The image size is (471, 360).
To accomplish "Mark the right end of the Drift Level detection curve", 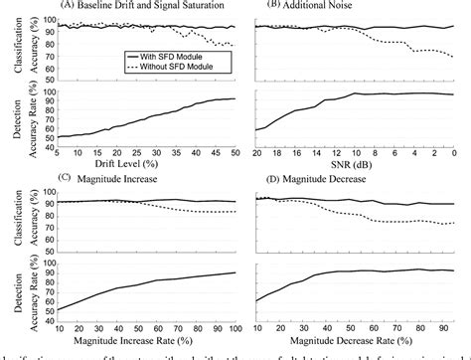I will [x=235, y=98].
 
